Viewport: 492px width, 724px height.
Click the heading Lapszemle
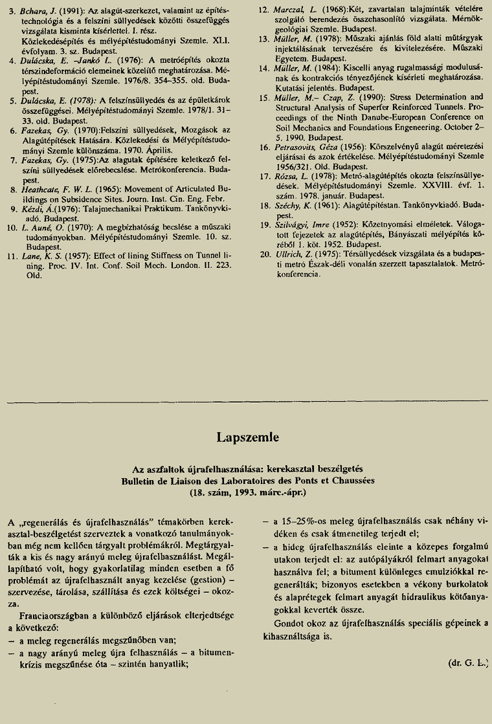[248, 437]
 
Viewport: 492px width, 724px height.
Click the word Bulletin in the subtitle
[140, 481]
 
